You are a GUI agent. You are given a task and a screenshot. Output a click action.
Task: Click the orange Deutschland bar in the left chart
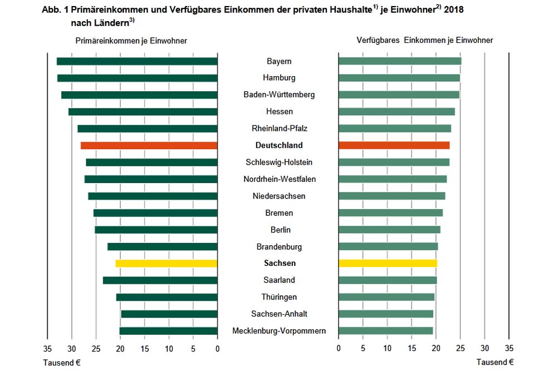pos(149,146)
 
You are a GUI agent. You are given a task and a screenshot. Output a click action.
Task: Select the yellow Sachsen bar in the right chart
pos(388,263)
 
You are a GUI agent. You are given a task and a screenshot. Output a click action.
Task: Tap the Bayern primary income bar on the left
pos(137,61)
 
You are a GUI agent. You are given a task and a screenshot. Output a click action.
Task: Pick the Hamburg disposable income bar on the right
pos(399,78)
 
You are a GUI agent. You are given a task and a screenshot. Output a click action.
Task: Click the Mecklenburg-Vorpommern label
pos(278,331)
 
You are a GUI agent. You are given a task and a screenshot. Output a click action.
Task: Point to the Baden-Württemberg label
pos(278,95)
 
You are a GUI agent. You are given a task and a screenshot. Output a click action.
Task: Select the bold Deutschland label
pos(278,146)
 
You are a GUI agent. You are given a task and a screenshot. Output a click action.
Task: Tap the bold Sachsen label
pos(278,263)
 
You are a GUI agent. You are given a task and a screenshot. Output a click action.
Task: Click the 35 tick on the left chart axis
pos(47,349)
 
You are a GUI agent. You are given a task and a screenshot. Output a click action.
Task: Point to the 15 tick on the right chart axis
pos(412,349)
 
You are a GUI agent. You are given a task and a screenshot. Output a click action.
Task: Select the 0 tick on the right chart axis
pos(339,349)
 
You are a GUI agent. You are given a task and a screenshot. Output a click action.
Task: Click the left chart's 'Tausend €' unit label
pos(62,362)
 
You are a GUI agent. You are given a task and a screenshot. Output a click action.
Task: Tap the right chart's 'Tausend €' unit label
pos(495,362)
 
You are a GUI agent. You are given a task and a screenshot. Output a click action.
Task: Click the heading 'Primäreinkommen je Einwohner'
pos(131,41)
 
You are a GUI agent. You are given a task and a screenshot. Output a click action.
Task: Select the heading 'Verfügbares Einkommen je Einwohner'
pos(424,41)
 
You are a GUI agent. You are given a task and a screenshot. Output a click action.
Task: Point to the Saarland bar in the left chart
pos(160,280)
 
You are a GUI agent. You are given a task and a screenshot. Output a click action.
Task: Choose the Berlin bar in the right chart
pos(389,230)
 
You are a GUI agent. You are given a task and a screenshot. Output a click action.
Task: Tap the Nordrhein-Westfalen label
pos(278,179)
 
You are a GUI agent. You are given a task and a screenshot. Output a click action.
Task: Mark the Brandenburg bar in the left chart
pos(162,246)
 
